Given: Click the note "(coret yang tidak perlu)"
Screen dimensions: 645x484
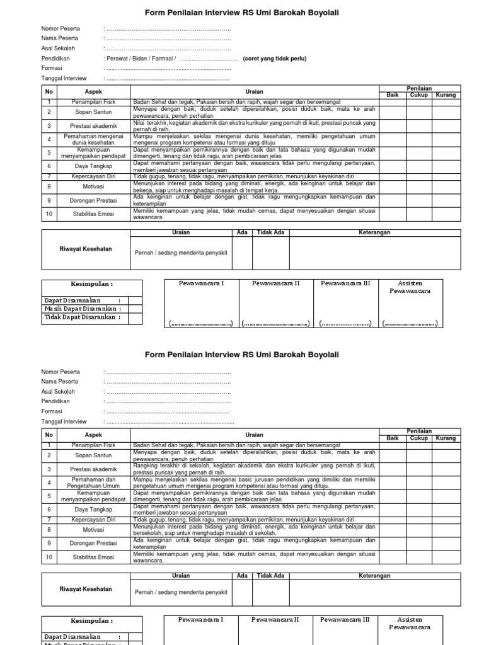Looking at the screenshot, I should (x=275, y=59).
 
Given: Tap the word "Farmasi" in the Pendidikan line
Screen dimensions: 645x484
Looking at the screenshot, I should (x=161, y=59).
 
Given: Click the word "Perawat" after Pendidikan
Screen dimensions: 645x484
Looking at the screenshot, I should (x=114, y=59).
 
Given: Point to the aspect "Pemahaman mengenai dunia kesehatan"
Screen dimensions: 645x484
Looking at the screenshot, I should (x=93, y=139).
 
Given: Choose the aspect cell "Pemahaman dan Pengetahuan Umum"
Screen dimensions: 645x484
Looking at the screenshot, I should (x=93, y=482).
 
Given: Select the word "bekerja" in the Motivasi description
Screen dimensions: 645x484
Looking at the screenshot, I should (x=143, y=190).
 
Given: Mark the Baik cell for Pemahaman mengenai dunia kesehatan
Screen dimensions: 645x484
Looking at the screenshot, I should (x=392, y=139).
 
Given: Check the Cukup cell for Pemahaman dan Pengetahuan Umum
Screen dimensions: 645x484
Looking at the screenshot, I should (x=419, y=482).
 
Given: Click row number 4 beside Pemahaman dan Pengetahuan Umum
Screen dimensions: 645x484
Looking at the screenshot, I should (x=49, y=482).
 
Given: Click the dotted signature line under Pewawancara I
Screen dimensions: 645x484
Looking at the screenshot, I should (x=200, y=324).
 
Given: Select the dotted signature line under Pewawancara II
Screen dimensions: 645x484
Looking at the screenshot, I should (x=275, y=324).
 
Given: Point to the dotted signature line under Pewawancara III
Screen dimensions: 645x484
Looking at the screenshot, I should (x=345, y=324).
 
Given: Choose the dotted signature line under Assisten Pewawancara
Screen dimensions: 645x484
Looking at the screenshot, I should (x=410, y=324).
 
